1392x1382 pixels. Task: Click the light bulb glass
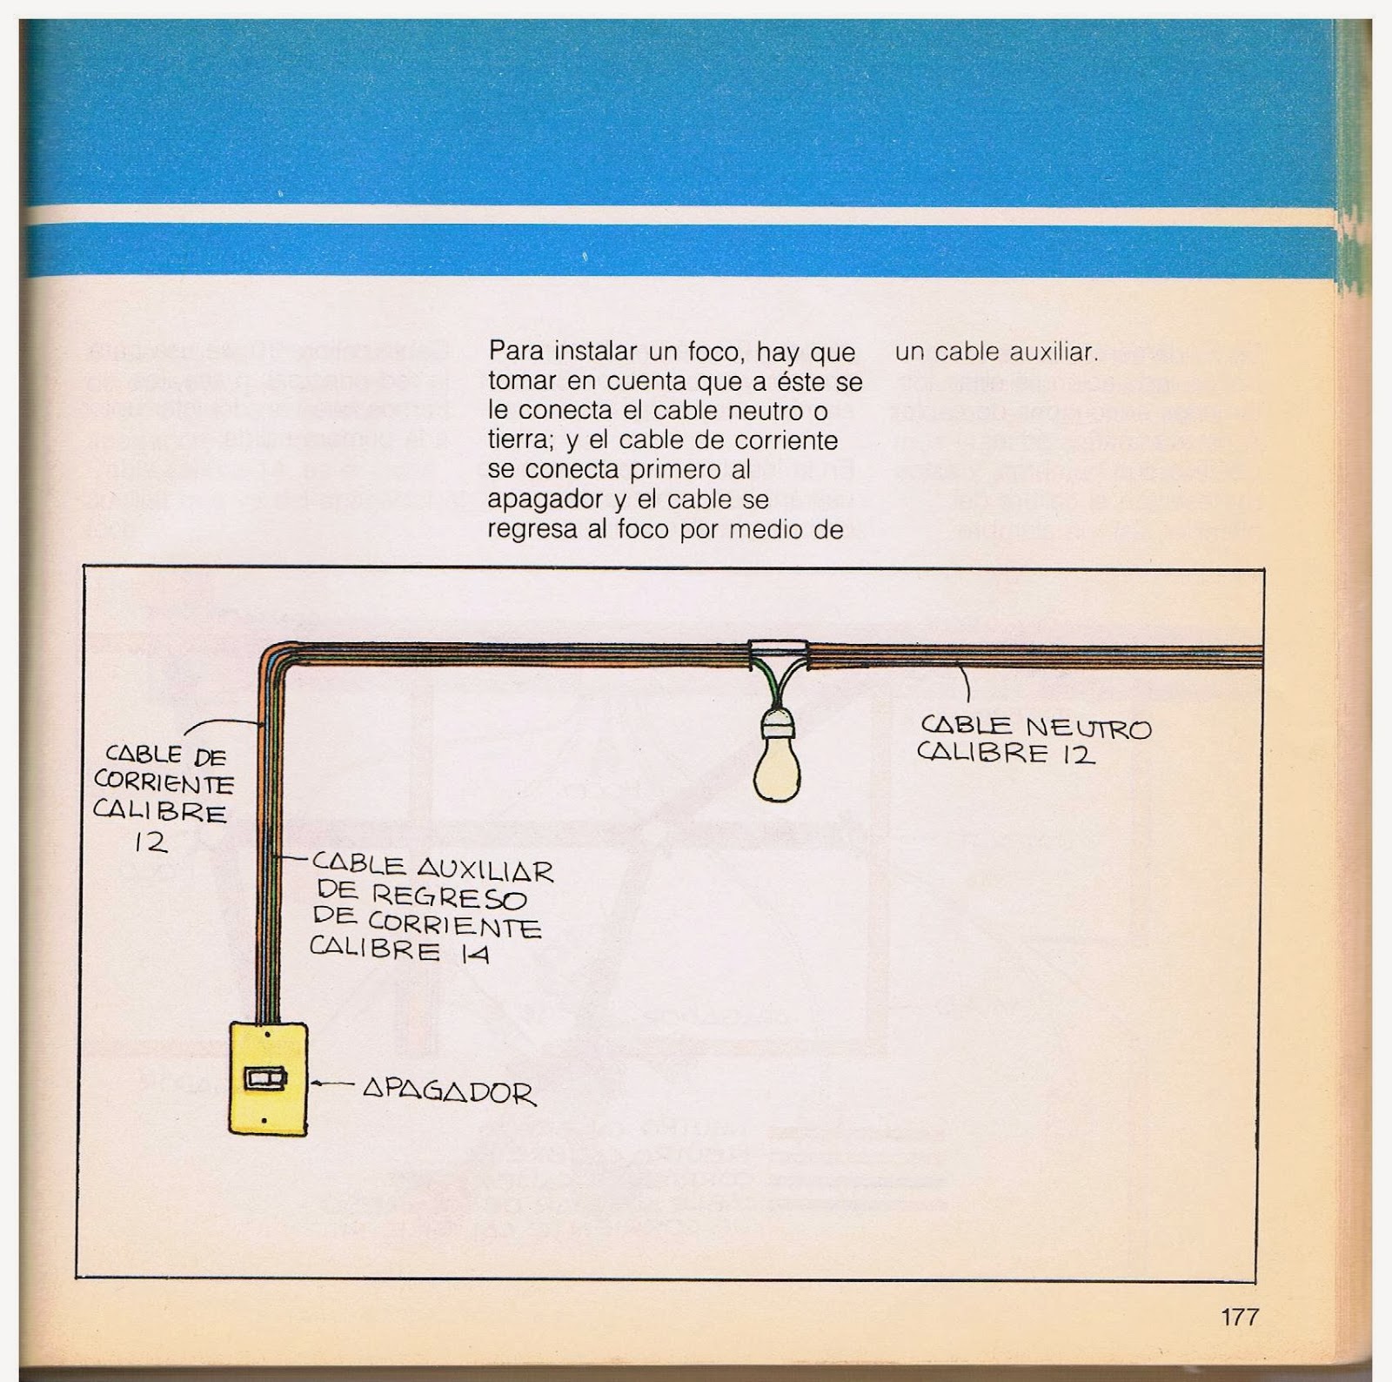[779, 769]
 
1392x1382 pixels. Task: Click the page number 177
[1239, 1317]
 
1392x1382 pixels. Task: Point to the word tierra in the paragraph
[519, 440]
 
